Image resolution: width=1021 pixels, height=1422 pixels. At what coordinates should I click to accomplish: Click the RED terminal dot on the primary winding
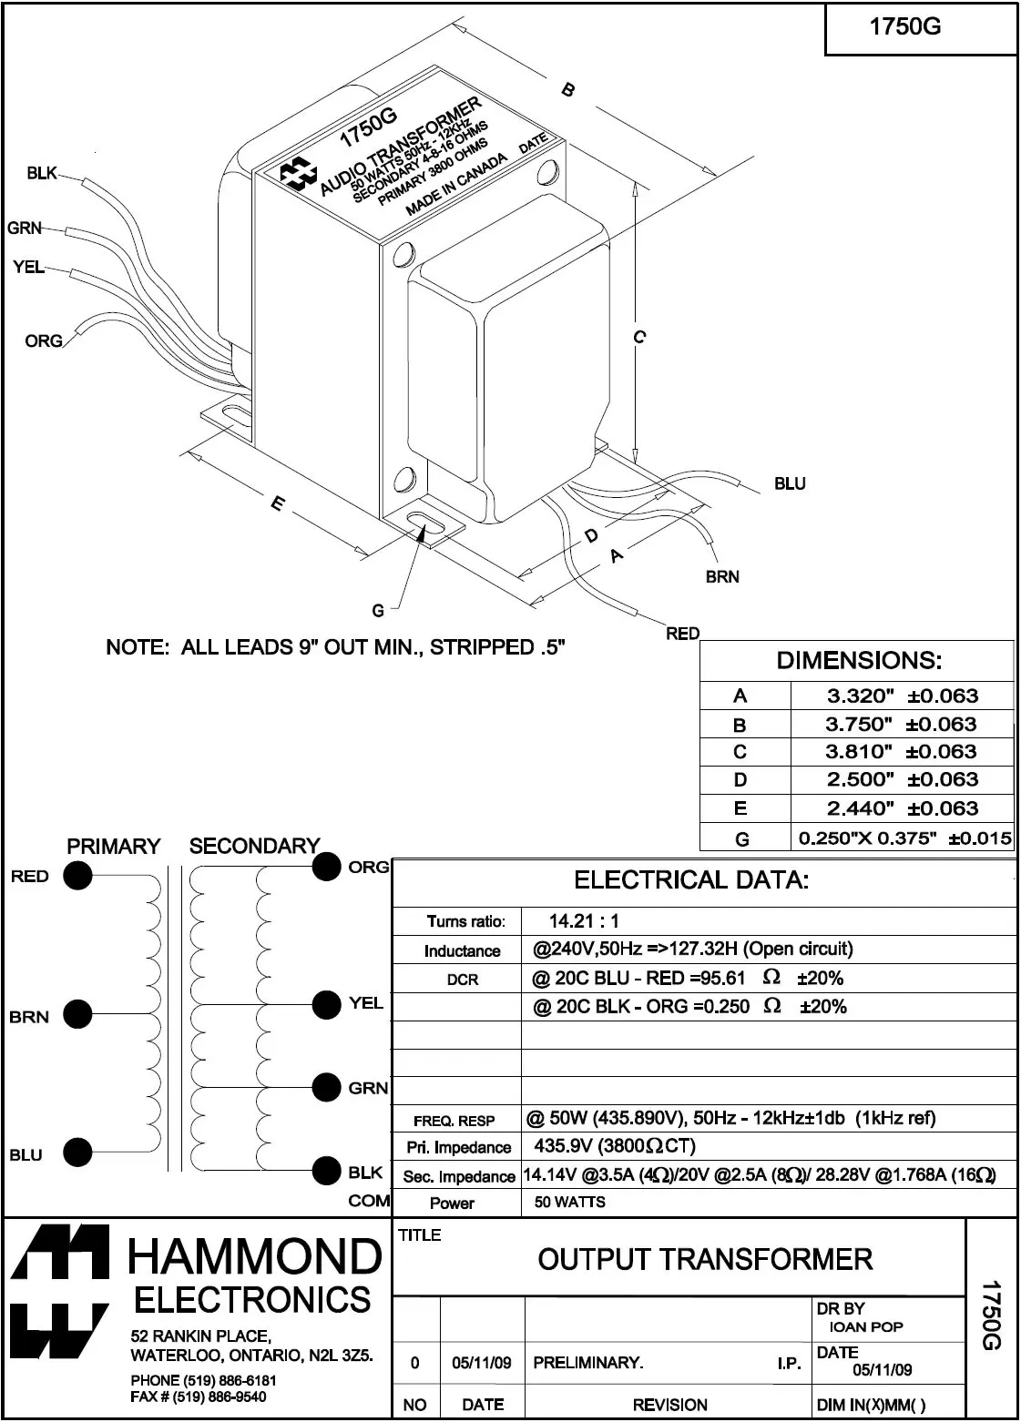click(77, 876)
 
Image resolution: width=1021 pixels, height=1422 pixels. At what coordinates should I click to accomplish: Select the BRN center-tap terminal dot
click(77, 1014)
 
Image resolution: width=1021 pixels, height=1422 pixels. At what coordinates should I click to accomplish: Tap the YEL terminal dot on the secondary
click(326, 1004)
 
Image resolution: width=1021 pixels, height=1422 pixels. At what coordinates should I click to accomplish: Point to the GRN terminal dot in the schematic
click(326, 1088)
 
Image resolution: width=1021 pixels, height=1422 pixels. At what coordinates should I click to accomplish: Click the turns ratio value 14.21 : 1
click(584, 920)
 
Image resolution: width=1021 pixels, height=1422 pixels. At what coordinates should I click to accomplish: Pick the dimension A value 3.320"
click(860, 696)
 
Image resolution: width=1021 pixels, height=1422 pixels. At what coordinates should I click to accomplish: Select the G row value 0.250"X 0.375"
click(867, 838)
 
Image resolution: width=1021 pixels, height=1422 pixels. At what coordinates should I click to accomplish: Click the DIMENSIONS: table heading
click(859, 660)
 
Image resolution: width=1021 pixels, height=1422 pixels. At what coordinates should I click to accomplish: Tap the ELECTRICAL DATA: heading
click(691, 879)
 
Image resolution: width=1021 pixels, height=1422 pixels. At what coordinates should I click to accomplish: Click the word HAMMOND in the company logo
click(255, 1255)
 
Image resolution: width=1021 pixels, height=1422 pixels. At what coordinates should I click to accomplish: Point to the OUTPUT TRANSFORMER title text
click(705, 1259)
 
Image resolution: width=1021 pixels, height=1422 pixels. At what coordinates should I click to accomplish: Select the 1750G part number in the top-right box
click(904, 26)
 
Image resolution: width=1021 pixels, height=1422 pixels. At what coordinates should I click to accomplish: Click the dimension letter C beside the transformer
click(639, 337)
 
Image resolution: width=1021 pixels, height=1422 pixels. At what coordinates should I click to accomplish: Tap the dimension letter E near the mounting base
click(278, 503)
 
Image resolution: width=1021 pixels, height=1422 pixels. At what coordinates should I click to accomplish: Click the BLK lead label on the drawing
click(42, 173)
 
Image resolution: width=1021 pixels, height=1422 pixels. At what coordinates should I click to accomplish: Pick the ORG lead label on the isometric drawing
click(44, 340)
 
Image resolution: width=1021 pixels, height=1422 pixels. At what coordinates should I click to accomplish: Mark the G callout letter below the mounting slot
click(378, 611)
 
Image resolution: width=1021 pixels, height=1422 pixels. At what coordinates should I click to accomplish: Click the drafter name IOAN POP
click(866, 1326)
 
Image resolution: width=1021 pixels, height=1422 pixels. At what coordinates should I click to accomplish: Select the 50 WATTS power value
click(569, 1202)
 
